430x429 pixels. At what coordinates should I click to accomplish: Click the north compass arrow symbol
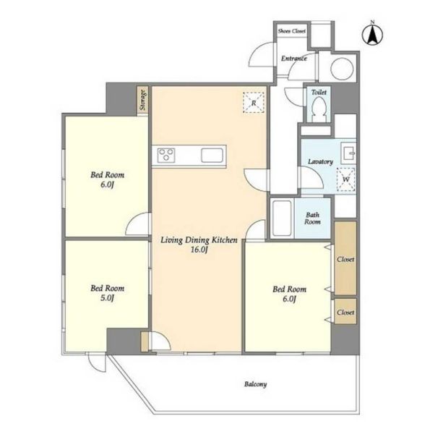[372, 35]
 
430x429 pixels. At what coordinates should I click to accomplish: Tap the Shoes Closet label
[291, 31]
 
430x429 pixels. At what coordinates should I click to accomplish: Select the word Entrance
[293, 59]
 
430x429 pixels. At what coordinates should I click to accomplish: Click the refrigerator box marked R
[254, 103]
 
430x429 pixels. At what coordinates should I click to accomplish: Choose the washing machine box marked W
[346, 179]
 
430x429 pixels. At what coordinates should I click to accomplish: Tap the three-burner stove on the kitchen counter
[166, 155]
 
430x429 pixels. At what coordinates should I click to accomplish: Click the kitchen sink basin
[212, 156]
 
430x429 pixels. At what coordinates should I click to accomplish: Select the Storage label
[142, 100]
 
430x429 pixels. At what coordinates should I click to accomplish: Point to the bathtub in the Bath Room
[282, 218]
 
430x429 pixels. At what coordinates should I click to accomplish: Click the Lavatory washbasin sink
[348, 152]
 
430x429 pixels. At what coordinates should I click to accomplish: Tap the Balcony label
[255, 384]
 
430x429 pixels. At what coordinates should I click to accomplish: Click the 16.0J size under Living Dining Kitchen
[199, 250]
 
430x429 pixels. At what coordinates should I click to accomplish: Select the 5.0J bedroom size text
[107, 298]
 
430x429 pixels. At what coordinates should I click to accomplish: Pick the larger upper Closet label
[345, 259]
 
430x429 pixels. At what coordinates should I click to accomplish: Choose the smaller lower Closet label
[345, 312]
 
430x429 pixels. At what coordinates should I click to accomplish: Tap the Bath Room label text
[312, 218]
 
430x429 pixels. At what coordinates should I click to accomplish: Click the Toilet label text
[319, 92]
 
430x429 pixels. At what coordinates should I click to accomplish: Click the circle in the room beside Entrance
[342, 69]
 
